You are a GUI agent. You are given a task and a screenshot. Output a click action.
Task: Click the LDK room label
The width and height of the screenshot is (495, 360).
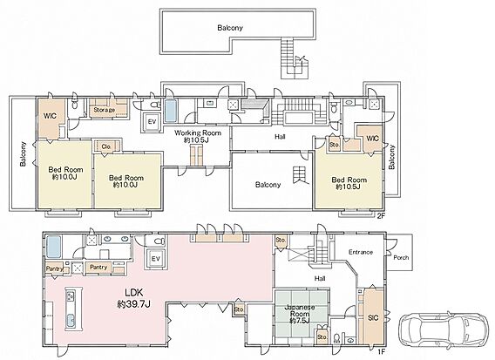click(134, 297)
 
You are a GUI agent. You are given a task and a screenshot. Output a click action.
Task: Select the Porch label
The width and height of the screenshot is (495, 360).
click(401, 257)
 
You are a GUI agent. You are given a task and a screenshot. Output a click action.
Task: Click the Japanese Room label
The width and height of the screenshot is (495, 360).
click(300, 314)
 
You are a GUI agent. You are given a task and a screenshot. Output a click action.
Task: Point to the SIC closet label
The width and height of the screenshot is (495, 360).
click(373, 317)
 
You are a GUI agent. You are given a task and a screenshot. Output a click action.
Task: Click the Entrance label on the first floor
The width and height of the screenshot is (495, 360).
click(361, 252)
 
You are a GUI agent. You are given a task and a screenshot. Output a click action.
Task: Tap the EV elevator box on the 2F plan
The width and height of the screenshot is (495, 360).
click(152, 121)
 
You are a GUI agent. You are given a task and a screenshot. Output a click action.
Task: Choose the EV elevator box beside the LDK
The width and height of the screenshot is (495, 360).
click(155, 259)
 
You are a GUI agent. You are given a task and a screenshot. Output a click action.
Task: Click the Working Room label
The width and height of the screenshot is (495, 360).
click(198, 137)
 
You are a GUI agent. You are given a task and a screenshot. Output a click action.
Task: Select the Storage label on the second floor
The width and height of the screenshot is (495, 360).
click(105, 110)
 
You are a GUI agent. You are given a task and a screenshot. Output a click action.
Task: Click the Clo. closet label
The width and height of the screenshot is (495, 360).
click(106, 146)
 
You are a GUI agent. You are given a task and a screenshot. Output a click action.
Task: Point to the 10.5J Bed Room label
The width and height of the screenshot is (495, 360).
click(349, 183)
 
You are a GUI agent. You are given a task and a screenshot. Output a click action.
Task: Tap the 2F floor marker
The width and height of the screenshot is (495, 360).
click(382, 216)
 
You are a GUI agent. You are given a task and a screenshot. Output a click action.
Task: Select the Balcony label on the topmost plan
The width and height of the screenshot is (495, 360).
click(230, 28)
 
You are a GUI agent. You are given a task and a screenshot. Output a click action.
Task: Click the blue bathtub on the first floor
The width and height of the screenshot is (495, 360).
click(53, 248)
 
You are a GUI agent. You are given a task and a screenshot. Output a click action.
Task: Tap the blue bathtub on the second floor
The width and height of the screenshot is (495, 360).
click(171, 111)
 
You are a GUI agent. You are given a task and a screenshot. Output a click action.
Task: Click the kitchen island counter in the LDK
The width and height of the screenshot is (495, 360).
click(73, 309)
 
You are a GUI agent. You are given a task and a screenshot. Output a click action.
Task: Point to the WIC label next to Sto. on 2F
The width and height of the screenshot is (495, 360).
click(372, 139)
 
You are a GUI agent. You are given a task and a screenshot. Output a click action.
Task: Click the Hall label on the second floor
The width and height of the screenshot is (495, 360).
click(280, 137)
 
